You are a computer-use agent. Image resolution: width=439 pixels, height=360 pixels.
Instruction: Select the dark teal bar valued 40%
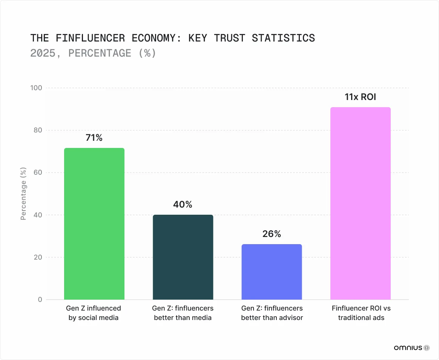183,257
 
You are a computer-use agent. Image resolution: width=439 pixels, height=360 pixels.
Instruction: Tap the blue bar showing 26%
272,272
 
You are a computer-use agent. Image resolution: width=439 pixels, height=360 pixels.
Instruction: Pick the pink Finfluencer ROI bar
361,203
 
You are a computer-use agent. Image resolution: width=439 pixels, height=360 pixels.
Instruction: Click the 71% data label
94,138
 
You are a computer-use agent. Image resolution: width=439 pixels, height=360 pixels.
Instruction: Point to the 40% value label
183,205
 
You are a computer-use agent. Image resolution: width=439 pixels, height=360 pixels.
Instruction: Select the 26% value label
272,234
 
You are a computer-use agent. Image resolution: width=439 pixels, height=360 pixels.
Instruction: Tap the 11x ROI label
361,97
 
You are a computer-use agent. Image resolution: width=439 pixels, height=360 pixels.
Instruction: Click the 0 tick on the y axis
40,300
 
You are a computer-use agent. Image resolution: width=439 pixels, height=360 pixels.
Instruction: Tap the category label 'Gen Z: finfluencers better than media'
183,313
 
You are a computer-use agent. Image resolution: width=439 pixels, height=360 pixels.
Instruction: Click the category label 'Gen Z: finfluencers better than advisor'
272,313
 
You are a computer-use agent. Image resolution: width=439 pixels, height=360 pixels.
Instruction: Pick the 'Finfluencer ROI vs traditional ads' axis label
361,313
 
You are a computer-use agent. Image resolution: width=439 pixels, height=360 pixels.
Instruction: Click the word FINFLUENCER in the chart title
90,38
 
